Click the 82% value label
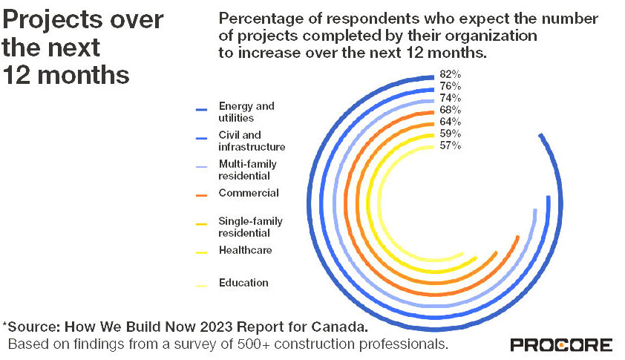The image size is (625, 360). [x=450, y=74]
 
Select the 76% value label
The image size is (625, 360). [x=450, y=86]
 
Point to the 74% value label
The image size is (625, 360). [x=450, y=98]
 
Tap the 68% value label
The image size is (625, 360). [x=450, y=110]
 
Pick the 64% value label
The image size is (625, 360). [x=450, y=122]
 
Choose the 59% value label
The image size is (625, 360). [x=450, y=134]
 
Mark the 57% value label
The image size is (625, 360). [x=450, y=145]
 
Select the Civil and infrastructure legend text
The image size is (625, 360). [x=252, y=141]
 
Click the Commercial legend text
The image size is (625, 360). [x=249, y=193]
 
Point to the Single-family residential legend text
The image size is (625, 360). [x=250, y=227]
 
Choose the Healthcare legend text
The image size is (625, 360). [x=245, y=250]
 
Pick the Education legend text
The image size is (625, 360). [x=243, y=283]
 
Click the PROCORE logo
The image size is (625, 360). [x=561, y=345]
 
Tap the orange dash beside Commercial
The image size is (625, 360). [x=200, y=195]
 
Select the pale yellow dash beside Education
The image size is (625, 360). [x=200, y=285]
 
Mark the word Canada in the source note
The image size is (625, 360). [x=339, y=327]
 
